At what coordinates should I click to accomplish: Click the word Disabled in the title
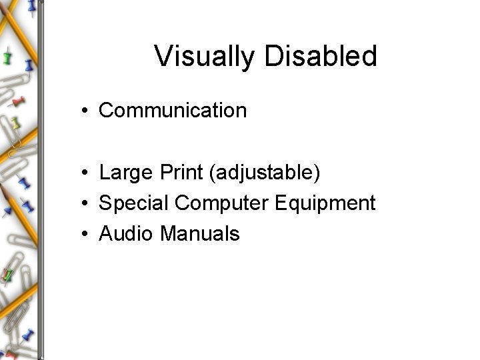pyautogui.click(x=321, y=57)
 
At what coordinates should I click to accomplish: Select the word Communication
pyautogui.click(x=173, y=110)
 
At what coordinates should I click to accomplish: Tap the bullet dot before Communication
pyautogui.click(x=87, y=111)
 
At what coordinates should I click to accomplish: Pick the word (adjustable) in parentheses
pyautogui.click(x=265, y=174)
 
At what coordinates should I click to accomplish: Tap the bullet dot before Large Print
pyautogui.click(x=87, y=174)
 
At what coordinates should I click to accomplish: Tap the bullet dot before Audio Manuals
pyautogui.click(x=87, y=234)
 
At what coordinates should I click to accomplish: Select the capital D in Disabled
pyautogui.click(x=275, y=57)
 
